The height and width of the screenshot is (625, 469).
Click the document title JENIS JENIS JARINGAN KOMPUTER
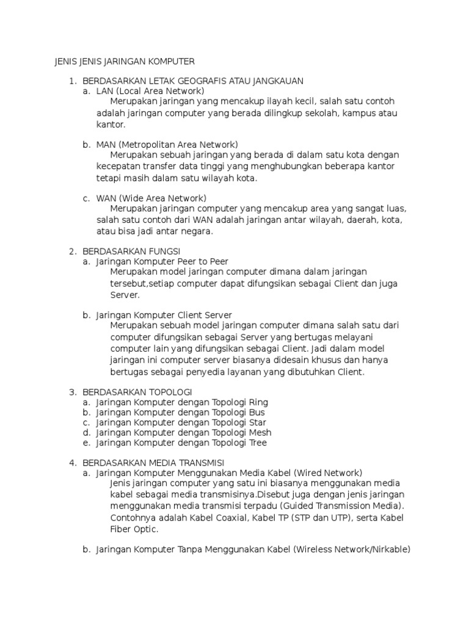pos(125,61)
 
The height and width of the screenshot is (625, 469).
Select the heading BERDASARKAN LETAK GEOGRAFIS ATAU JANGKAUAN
pos(193,81)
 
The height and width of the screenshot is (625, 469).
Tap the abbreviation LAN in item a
pos(105,90)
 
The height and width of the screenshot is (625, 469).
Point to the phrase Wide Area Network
pos(163,198)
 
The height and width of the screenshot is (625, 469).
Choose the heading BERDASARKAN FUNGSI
pos(131,251)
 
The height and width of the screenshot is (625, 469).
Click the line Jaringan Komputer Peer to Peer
pos(162,261)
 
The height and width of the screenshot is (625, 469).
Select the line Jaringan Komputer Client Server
pos(164,315)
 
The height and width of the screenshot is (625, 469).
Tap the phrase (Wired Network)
pos(328,473)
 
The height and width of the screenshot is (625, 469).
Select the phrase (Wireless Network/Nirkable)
pos(352,549)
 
